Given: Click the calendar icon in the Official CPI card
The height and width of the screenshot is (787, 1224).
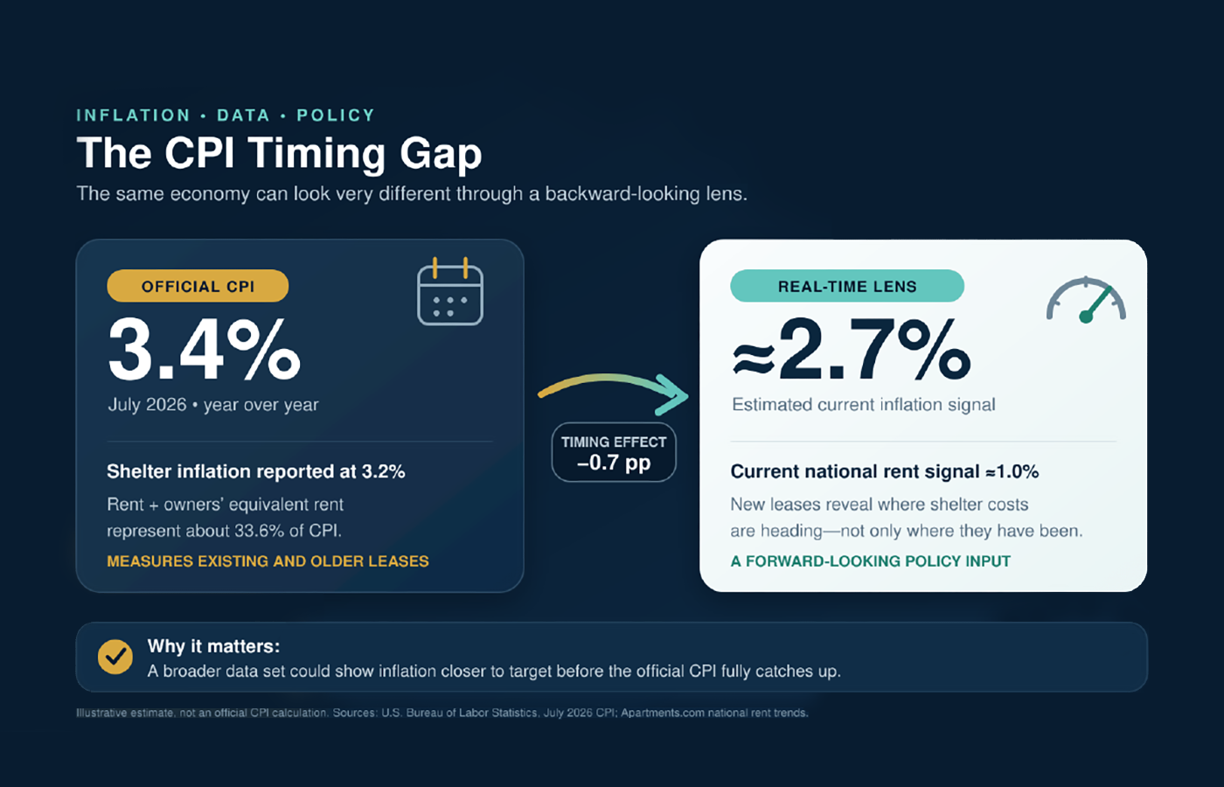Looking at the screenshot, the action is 449,291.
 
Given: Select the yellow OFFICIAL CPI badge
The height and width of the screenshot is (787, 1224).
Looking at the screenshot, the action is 198,286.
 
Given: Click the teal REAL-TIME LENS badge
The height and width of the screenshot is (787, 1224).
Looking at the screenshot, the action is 847,286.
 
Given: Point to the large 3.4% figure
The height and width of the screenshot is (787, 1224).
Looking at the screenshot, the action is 205,349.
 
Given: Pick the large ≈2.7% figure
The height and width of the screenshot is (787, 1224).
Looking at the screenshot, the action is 852,349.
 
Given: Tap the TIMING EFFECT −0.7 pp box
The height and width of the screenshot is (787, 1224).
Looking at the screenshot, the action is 614,452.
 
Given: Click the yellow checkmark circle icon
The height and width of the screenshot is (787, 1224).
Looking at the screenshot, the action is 115,657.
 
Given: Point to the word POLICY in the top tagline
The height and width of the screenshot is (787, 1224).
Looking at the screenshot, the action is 336,115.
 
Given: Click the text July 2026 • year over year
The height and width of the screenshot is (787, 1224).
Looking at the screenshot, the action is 213,404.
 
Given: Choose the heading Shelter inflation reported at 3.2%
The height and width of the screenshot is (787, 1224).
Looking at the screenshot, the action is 255,471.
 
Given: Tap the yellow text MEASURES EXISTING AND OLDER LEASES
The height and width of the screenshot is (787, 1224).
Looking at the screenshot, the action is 268,561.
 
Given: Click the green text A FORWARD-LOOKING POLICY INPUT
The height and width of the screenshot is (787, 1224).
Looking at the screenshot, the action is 871,561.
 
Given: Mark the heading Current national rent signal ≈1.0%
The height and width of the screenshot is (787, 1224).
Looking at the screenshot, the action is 885,471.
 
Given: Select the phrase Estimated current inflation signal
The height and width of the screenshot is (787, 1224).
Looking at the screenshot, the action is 864,404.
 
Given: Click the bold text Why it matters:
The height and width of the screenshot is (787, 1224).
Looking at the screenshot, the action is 213,646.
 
